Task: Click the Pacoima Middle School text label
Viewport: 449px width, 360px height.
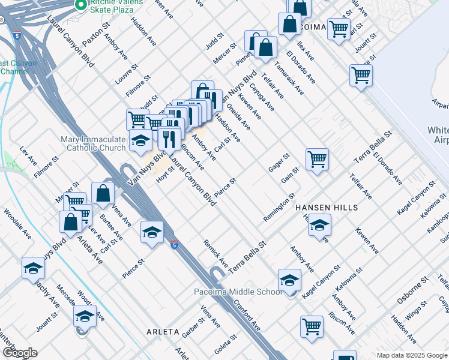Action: tap(237, 292)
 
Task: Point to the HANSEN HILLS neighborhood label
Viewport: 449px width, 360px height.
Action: tap(327, 208)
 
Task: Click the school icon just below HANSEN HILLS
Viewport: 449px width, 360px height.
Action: tap(320, 225)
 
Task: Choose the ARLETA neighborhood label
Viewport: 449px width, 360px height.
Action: tap(163, 331)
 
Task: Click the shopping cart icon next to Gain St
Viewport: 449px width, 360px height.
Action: tap(317, 159)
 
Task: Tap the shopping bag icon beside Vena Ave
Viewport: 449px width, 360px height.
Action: tap(103, 193)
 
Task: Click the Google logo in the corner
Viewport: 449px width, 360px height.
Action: tap(20, 353)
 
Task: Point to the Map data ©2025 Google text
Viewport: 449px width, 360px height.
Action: tap(411, 355)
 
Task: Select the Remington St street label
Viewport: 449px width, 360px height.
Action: tap(279, 207)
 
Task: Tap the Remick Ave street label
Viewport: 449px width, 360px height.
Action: tap(215, 253)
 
